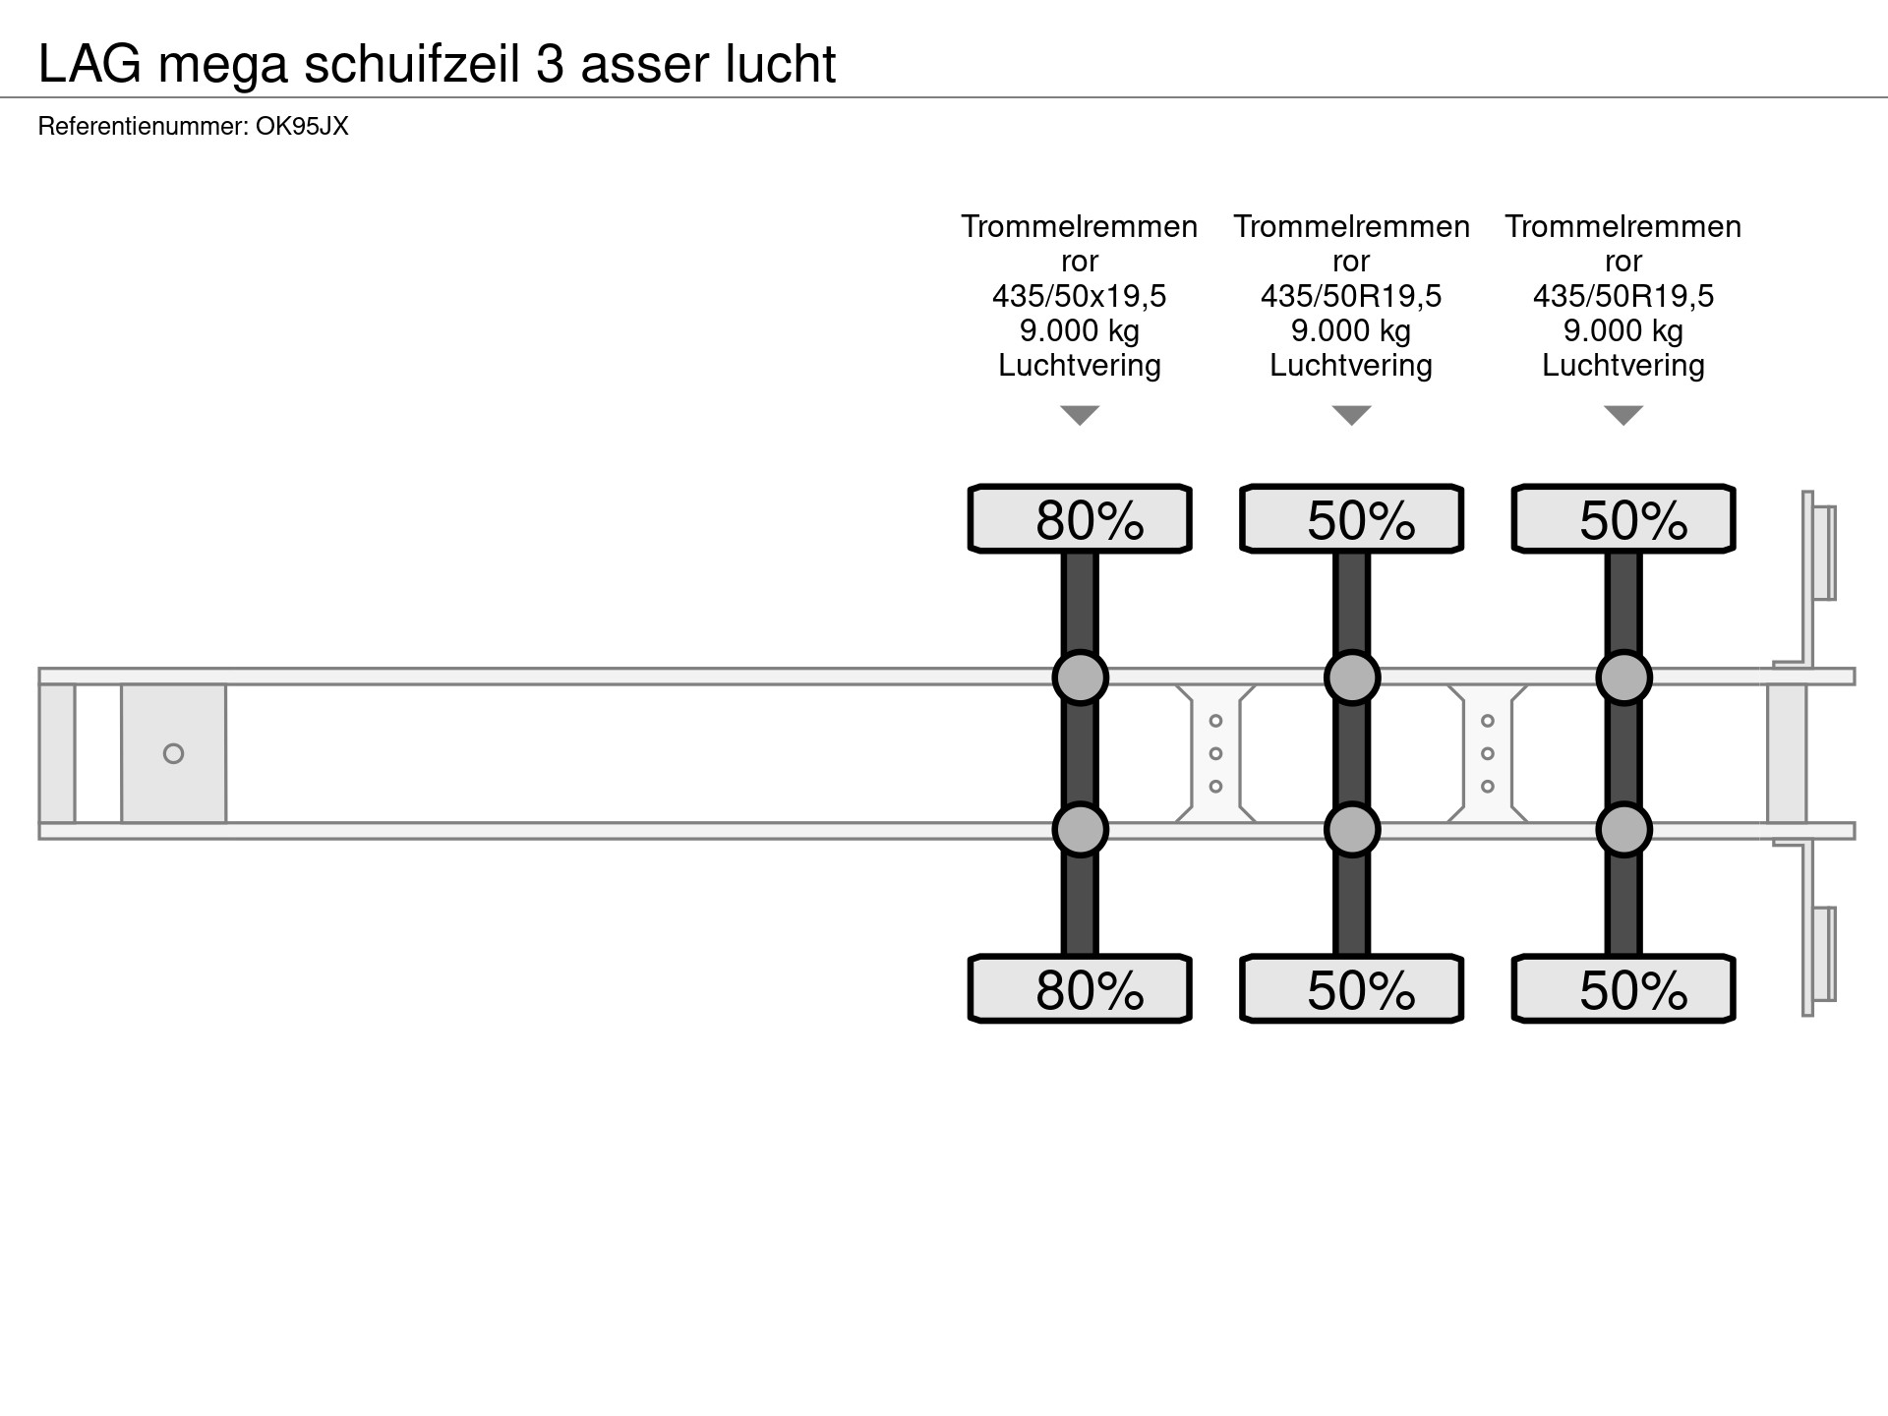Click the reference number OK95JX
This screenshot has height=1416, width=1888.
(x=302, y=126)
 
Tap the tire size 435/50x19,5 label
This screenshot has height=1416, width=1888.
(x=1080, y=295)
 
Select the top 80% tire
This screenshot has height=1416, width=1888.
(x=1080, y=518)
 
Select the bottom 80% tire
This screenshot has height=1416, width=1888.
(x=1080, y=988)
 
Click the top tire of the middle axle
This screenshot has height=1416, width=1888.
(x=1351, y=518)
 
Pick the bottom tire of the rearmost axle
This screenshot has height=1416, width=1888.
(x=1623, y=988)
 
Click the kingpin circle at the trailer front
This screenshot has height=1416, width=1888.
(x=173, y=753)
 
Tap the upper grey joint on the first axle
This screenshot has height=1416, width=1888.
(x=1080, y=678)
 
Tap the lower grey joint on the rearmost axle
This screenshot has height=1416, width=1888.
(x=1623, y=830)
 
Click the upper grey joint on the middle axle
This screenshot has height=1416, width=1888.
(x=1351, y=678)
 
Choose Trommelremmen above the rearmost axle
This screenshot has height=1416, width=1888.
(x=1623, y=226)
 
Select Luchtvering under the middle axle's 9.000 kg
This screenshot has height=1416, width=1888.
(x=1351, y=366)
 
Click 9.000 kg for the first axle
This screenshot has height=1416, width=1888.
(x=1080, y=330)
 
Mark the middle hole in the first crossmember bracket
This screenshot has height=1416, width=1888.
(x=1215, y=753)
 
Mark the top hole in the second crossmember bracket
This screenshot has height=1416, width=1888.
(x=1488, y=721)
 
